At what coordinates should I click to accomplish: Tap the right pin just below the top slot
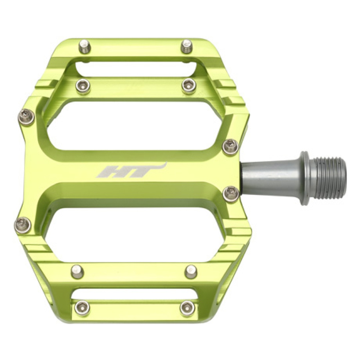pyautogui.click(x=189, y=85)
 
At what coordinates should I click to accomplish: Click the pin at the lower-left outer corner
pyautogui.click(x=23, y=224)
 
